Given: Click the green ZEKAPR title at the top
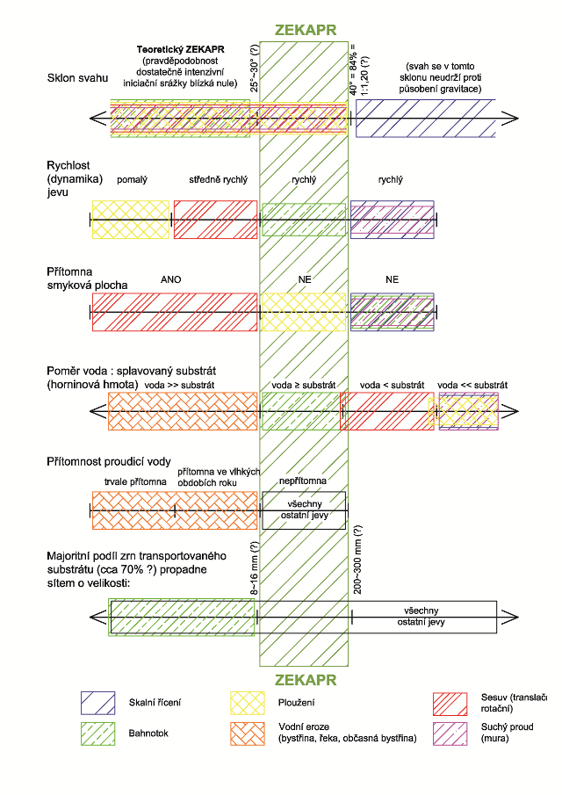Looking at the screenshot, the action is pos(305,30).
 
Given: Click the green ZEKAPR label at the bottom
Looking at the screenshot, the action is pos(305,680).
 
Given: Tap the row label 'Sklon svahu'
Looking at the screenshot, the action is pos(77,78).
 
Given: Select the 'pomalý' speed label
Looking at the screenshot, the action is pos(132,180).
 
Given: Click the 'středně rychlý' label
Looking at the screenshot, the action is pos(218,180).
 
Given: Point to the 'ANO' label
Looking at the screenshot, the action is pos(170,279).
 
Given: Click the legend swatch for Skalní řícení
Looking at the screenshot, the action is pos(97,704).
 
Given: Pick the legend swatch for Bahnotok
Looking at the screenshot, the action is pos(97,734).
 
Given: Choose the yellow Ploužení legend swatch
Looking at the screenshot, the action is pos(248,704).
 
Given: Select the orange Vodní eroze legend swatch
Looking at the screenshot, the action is pos(248,734).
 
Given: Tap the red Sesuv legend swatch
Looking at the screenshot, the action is pos(450,704).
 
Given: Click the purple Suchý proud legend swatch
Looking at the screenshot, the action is pos(450,734).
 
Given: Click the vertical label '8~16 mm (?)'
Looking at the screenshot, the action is pos(255,567).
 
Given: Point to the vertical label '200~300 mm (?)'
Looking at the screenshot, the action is pos(357,560).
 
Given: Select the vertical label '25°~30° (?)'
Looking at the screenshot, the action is pos(255,69).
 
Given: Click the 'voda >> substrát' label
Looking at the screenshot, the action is pos(179,386).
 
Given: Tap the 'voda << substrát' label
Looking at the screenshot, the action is pos(472,386).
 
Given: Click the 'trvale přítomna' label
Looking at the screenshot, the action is pos(135,481).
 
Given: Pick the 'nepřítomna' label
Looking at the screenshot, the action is pos(303,481).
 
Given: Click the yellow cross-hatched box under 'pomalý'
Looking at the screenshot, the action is pos(131,220).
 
